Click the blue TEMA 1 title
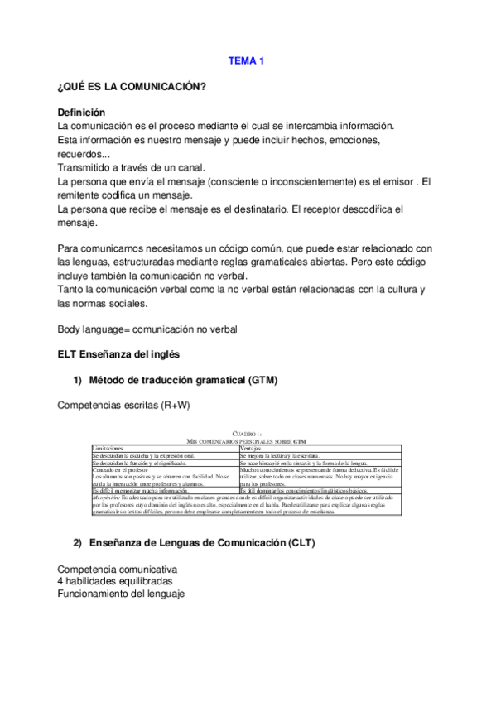point(247,60)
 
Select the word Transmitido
point(87,167)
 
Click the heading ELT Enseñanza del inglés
point(119,354)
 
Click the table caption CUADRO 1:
point(247,433)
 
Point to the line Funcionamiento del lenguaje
point(121,594)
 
